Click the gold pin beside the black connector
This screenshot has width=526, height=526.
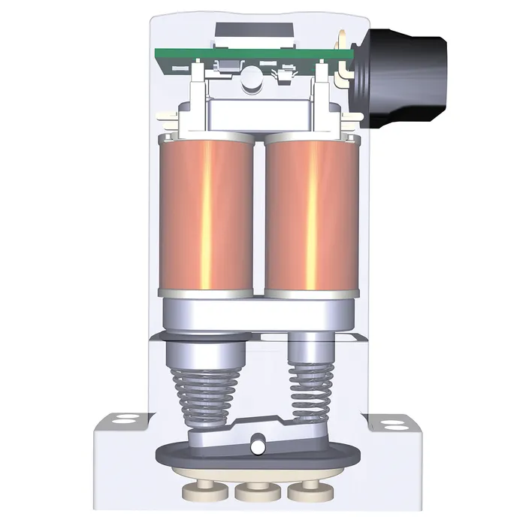coord(343,38)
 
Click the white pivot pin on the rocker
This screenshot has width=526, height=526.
coord(258,446)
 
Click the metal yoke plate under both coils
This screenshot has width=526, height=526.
coord(255,312)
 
